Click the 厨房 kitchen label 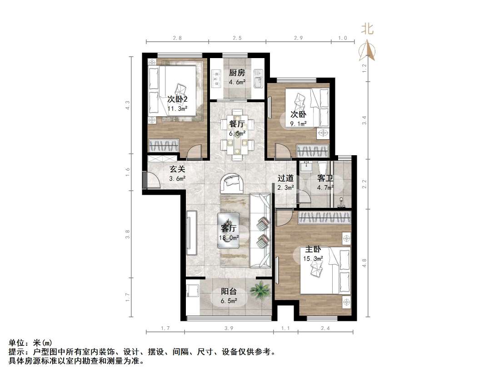237,73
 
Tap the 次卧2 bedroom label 178,99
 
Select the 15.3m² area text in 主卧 313,259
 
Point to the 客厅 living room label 230,228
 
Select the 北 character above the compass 367,30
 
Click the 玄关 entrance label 178,169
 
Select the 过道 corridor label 286,178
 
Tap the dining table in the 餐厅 237,134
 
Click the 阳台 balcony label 229,292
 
